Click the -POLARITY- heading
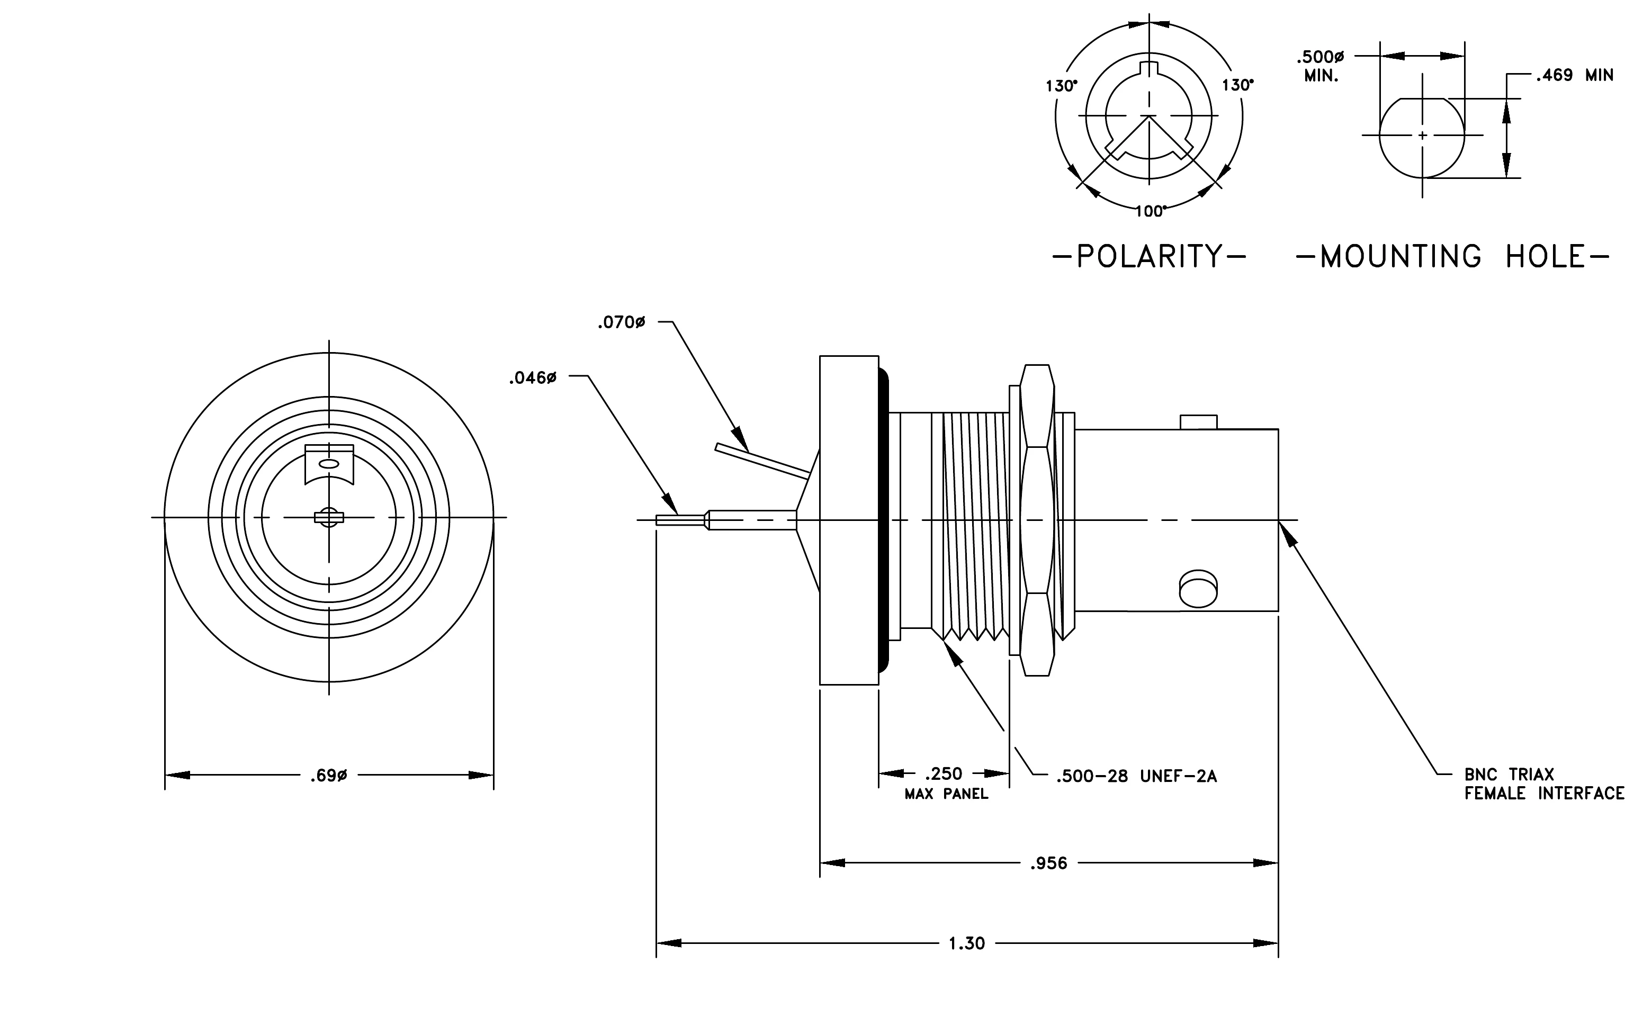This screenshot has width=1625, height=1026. pos(1149,256)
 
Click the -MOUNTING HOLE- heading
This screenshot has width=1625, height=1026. pos(1453,256)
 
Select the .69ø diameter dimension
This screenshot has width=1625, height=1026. pos(329,776)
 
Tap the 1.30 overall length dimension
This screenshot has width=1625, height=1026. pos(967,943)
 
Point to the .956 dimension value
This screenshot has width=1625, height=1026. pos(1049,863)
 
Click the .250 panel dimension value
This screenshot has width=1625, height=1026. pos(944,773)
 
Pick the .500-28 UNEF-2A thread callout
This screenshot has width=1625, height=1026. pos(1137,777)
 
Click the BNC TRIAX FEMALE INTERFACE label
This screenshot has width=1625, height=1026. pos(1544,784)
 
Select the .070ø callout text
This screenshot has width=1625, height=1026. pos(622,323)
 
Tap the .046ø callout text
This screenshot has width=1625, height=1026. pos(533,379)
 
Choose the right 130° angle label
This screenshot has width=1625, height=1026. pos(1237,85)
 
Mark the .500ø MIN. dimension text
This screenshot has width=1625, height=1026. pos(1321,66)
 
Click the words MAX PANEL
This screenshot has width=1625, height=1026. pos(946,795)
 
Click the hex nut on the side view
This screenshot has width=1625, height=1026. pos(1037,520)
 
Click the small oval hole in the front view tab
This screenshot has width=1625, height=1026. pos(329,463)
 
